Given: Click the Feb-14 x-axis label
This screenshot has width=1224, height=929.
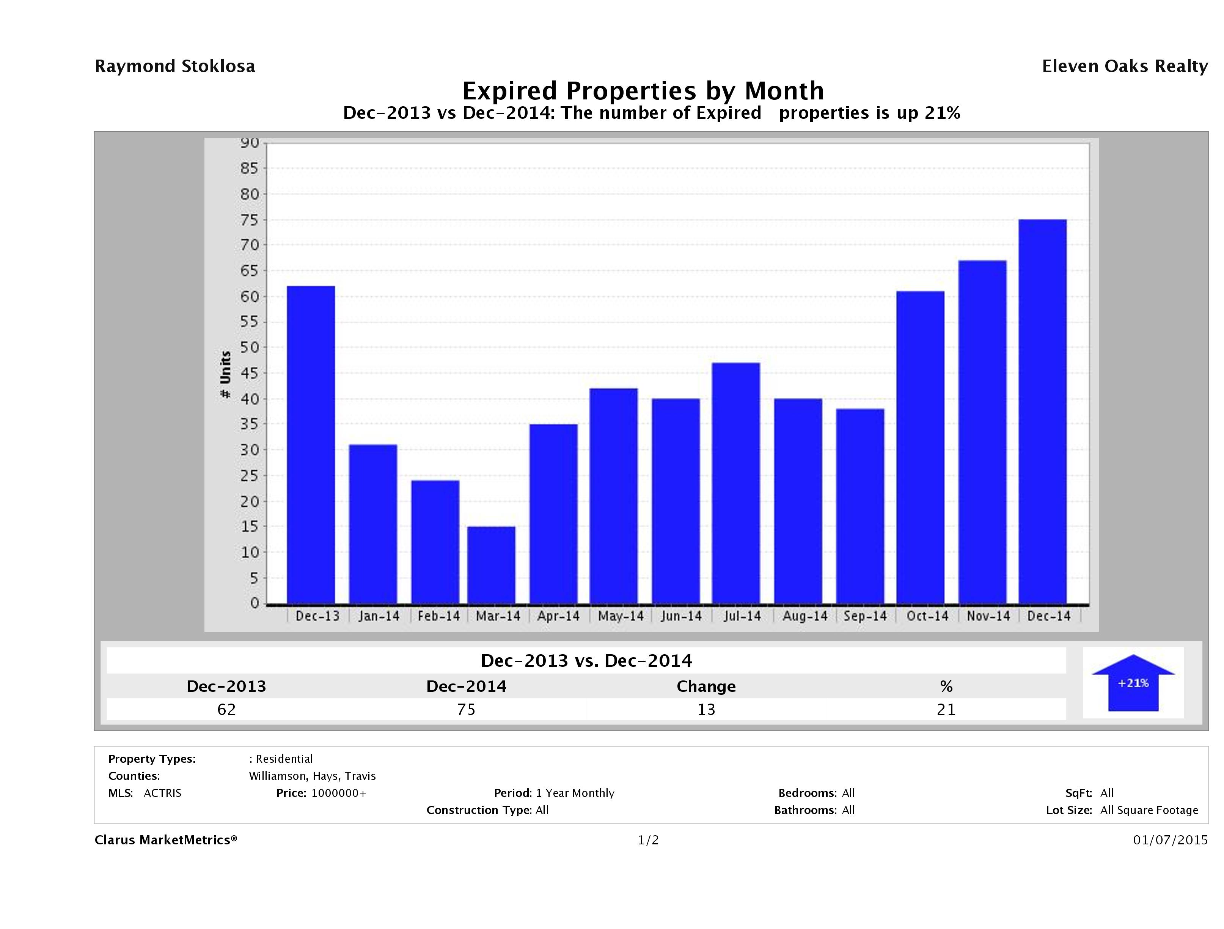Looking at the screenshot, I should tap(438, 616).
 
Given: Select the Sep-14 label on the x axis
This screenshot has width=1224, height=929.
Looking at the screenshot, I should tap(865, 616).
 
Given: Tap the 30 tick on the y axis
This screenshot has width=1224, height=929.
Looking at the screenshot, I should tap(250, 450).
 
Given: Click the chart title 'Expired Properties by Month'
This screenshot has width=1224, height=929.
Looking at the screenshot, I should tap(643, 90).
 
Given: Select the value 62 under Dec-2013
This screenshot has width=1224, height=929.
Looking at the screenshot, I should tap(226, 709).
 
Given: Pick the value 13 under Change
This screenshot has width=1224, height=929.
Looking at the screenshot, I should tap(706, 709).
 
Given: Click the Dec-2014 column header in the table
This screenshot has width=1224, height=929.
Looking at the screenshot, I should tap(466, 687).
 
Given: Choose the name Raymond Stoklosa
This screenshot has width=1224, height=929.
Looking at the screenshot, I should tap(175, 66).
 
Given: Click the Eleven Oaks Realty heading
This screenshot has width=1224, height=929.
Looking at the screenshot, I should tap(1124, 66).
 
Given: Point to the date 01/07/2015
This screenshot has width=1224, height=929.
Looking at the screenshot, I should tap(1170, 841).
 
